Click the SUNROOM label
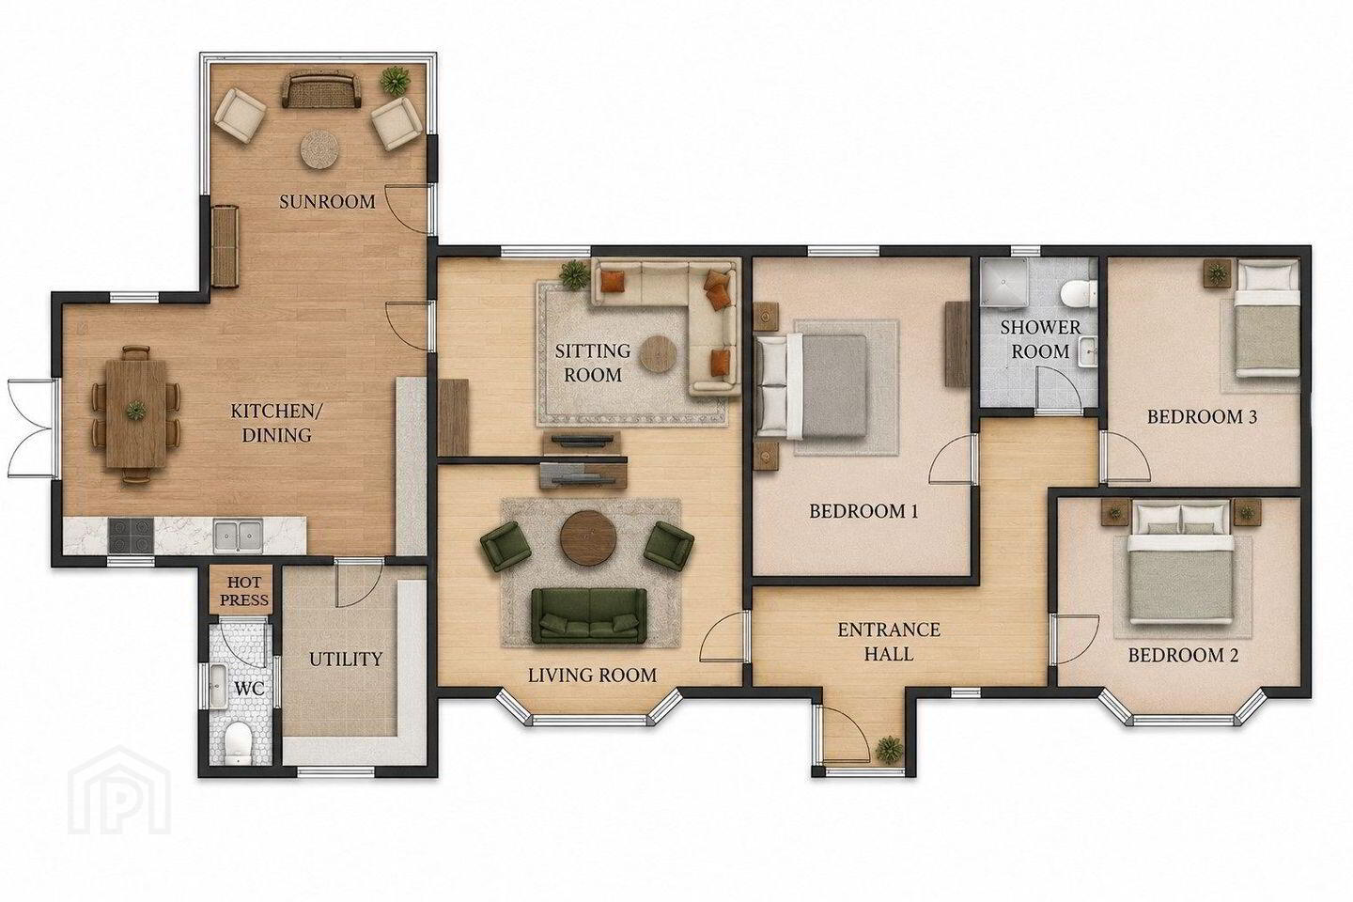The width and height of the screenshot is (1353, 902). pos(327,202)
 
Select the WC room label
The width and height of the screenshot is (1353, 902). pos(250,688)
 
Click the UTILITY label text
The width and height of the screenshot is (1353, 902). pos(346,660)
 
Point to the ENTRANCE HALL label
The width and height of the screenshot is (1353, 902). pos(889,642)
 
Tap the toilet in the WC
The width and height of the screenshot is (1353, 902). pos(238,742)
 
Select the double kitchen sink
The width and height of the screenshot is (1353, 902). pos(238,536)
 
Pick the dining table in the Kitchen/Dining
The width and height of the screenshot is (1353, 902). pos(136,413)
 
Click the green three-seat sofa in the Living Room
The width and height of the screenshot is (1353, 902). pos(588,615)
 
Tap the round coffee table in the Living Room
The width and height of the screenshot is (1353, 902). pos(588,537)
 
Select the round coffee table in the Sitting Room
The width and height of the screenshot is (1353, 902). pos(659,354)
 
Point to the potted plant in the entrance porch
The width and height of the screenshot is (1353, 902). pos(889,749)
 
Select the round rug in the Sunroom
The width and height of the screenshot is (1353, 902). pos(320,149)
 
